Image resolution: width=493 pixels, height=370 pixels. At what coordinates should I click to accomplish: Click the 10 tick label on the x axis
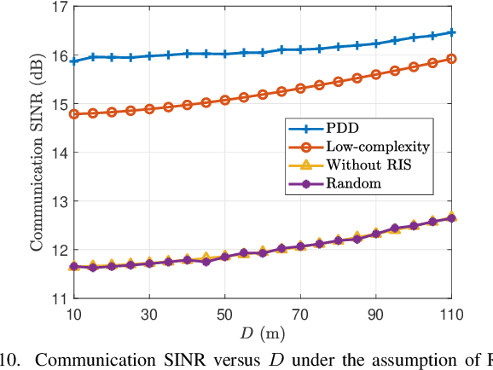pyautogui.click(x=74, y=313)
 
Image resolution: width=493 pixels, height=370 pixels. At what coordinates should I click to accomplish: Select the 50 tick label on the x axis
pyautogui.click(x=224, y=313)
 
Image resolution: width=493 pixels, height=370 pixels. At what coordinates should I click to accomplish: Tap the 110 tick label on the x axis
pyautogui.click(x=450, y=313)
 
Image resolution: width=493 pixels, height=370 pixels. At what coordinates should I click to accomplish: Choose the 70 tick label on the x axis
pyautogui.click(x=300, y=313)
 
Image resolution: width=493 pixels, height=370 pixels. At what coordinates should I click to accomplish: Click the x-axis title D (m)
pyautogui.click(x=263, y=331)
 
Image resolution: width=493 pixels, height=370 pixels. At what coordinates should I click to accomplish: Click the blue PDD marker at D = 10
pyautogui.click(x=74, y=61)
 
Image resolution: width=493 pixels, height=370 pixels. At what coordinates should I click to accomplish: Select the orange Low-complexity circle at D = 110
pyautogui.click(x=451, y=59)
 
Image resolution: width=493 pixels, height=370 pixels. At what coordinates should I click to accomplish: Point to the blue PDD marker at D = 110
pyautogui.click(x=451, y=32)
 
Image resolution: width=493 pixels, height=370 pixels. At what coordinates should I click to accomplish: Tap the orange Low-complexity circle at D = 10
pyautogui.click(x=74, y=113)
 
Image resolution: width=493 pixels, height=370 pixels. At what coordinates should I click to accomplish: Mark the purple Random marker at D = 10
pyautogui.click(x=74, y=267)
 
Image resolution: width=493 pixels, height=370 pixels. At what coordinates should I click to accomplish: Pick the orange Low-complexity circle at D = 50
pyautogui.click(x=224, y=100)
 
